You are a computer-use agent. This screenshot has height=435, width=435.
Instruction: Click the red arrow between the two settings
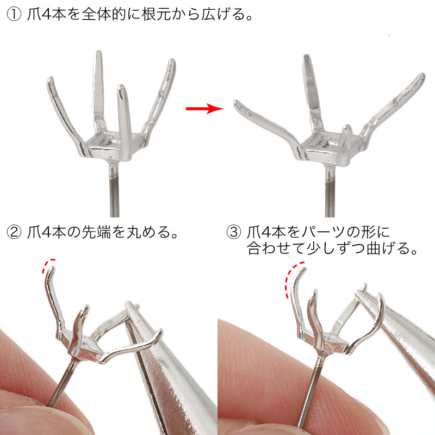coord(204,108)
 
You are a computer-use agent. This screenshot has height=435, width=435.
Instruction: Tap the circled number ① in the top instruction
coord(14,14)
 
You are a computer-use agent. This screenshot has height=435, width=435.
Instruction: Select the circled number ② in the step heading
coord(14,232)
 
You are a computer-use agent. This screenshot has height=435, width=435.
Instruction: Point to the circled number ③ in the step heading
coord(234,232)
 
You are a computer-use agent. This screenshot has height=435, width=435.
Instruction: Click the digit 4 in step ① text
coord(46,14)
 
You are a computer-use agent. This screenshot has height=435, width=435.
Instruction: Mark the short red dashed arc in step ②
coord(48,265)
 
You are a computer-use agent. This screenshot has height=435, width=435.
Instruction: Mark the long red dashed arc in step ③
coord(293,279)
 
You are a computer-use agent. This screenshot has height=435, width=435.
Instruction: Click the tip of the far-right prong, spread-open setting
coord(422,76)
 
